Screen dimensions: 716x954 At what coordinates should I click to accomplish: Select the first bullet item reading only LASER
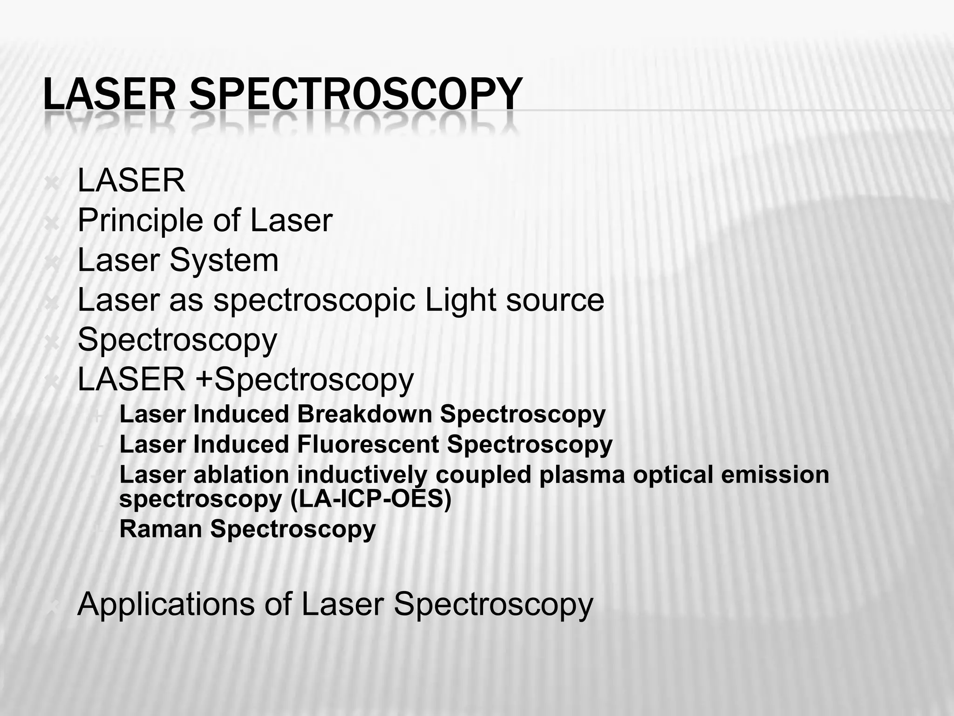tap(131, 180)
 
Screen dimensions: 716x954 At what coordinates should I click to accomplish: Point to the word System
tap(224, 260)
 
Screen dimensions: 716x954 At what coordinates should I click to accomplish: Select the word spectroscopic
tap(314, 301)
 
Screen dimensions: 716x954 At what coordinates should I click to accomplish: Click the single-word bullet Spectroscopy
tap(177, 340)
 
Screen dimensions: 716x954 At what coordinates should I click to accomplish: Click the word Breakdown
tap(364, 414)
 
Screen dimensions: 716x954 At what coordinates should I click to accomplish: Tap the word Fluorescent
tap(368, 444)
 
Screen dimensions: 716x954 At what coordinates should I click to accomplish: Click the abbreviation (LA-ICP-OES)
tap(371, 500)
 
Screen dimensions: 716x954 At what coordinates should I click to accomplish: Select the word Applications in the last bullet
tap(166, 605)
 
